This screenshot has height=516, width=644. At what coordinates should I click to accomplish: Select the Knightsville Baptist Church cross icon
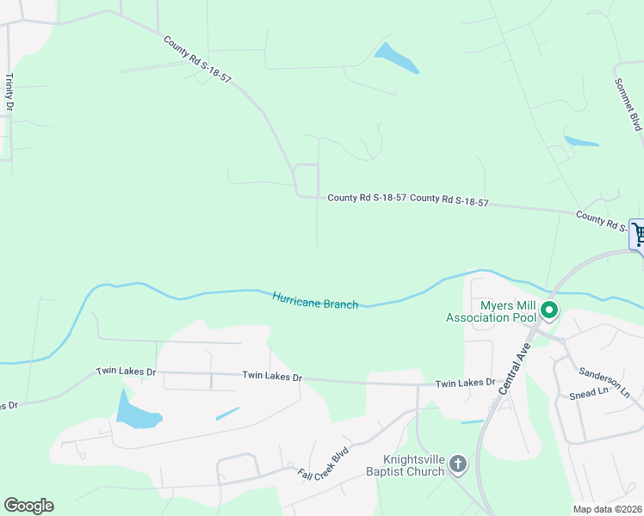[x=458, y=465]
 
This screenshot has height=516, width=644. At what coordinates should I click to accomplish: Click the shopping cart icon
[x=638, y=233]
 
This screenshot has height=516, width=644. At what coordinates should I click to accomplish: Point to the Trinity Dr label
[x=9, y=93]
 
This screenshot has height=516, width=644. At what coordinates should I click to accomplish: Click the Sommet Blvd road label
[x=629, y=104]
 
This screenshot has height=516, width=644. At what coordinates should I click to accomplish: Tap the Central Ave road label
[x=514, y=365]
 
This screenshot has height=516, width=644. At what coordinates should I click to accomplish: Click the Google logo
[x=28, y=506]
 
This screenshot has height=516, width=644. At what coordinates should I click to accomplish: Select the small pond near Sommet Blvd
[x=581, y=141]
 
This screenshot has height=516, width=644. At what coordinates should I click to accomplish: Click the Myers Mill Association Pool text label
[x=489, y=311]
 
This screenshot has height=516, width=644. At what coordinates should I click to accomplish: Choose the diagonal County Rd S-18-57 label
[x=196, y=59]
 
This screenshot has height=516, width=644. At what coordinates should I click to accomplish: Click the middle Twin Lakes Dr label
[x=272, y=377]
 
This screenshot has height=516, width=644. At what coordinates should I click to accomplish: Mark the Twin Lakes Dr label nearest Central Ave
[x=465, y=383]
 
